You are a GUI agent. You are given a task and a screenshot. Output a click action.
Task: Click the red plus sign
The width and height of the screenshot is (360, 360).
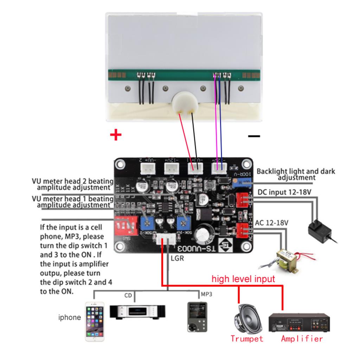(116, 135)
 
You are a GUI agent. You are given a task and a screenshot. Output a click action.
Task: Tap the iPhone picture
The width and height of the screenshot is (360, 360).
(95, 320)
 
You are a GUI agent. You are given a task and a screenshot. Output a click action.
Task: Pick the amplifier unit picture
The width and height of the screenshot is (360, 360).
(299, 322)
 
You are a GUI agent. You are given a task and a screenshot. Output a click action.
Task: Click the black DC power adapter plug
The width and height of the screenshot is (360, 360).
(319, 230)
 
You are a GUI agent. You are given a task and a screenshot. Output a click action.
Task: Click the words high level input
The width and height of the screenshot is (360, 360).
(243, 279)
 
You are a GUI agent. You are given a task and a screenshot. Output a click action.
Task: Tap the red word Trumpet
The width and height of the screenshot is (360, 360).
(247, 339)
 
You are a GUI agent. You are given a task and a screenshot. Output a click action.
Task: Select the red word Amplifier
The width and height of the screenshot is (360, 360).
(302, 339)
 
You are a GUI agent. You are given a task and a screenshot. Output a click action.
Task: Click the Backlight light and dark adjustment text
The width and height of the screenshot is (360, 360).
(296, 174)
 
